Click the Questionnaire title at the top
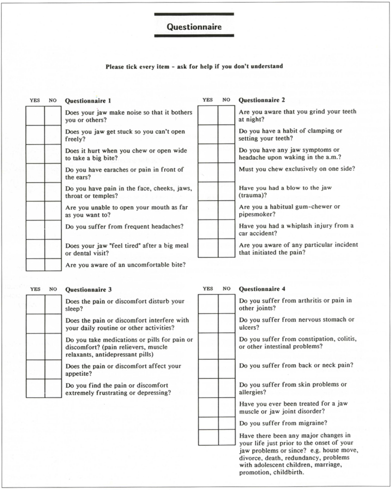click(x=194, y=27)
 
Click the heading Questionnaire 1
click(x=88, y=100)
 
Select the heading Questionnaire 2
click(x=261, y=100)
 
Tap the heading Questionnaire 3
click(x=88, y=290)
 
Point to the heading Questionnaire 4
click(x=262, y=289)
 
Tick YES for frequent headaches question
click(x=35, y=230)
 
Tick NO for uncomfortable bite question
click(x=53, y=265)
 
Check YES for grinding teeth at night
click(x=208, y=115)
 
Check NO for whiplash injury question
click(x=226, y=229)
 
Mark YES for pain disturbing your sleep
click(x=35, y=305)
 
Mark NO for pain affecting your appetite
click(x=53, y=370)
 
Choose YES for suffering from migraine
click(x=208, y=423)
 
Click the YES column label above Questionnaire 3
click(x=35, y=289)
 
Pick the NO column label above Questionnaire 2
click(x=226, y=100)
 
